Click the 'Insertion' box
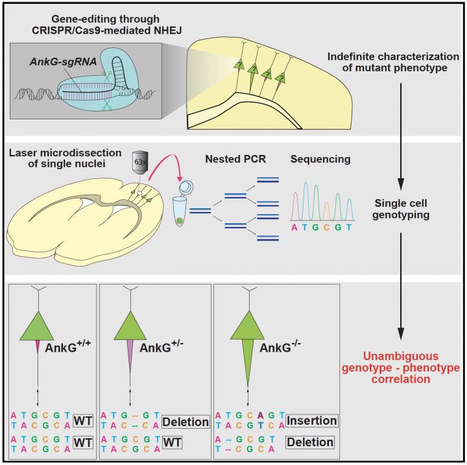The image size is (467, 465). [311, 421]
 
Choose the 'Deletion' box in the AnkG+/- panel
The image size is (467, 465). [186, 422]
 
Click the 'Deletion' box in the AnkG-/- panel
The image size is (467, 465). [311, 442]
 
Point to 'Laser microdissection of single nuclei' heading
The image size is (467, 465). [65, 156]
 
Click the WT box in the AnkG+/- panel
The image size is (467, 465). [173, 443]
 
